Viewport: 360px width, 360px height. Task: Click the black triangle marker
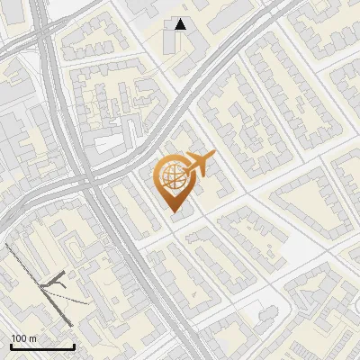(181, 25)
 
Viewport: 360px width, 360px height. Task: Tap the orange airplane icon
(198, 165)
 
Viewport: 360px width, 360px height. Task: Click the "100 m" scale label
(23, 338)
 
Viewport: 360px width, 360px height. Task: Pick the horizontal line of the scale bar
(42, 346)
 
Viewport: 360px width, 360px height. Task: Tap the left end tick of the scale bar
(11, 345)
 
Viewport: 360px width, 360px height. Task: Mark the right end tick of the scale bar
(74, 345)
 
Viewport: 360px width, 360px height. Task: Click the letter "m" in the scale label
(31, 338)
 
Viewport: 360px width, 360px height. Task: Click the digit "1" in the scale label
(13, 338)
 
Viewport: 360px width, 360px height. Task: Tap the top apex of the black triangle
(181, 20)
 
